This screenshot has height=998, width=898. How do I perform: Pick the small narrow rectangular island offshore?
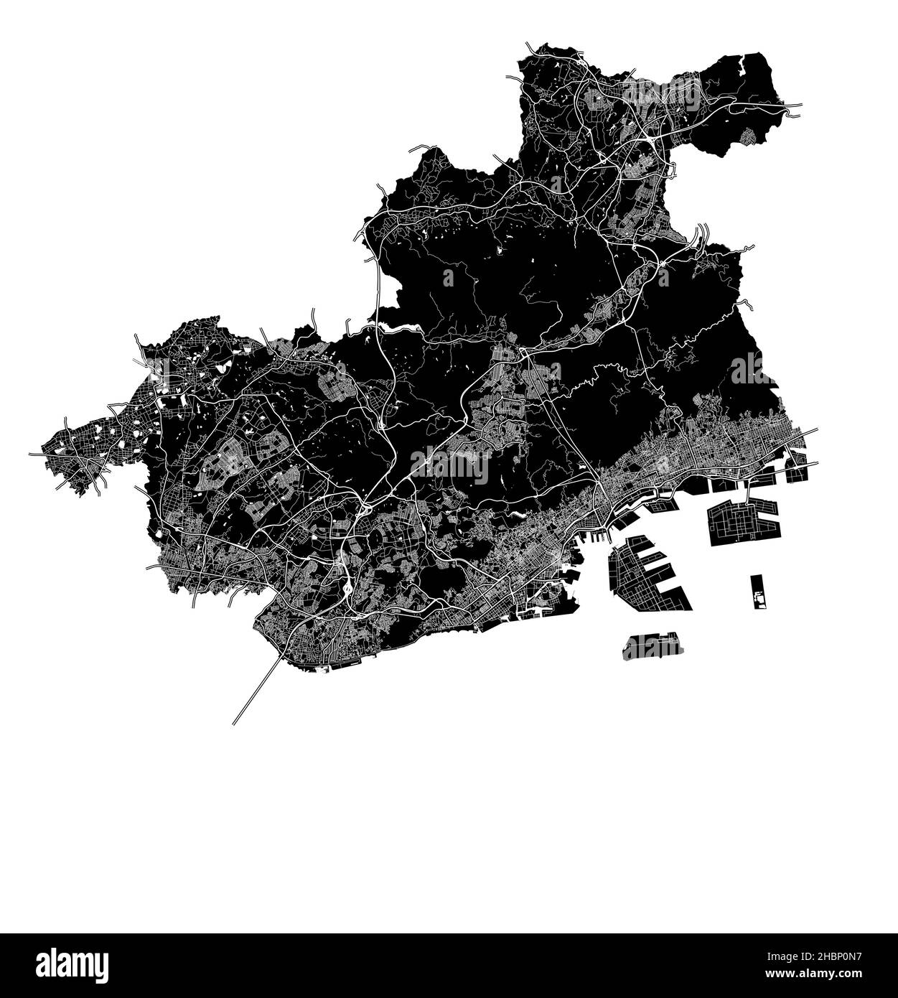757,592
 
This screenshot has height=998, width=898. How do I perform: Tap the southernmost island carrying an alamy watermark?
653,646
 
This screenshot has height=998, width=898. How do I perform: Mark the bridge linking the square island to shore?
749,492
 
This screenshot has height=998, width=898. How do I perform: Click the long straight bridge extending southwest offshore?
255,689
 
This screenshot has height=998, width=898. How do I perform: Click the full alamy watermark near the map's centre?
449,466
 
